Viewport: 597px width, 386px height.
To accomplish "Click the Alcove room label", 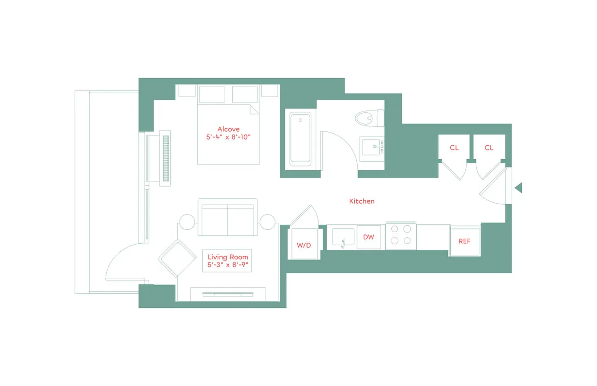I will pyautogui.click(x=228, y=129).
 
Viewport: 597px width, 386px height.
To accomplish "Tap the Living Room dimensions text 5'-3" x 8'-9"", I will pyautogui.click(x=227, y=265).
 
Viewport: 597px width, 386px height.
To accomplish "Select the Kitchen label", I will pyautogui.click(x=361, y=201).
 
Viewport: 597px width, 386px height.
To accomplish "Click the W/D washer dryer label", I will pyautogui.click(x=304, y=245).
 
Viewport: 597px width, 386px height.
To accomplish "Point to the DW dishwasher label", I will pyautogui.click(x=368, y=237).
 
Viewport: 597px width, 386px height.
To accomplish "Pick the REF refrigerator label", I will pyautogui.click(x=464, y=241).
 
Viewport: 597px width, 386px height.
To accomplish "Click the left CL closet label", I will pyautogui.click(x=454, y=148).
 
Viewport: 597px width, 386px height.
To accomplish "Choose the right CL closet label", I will pyautogui.click(x=489, y=148).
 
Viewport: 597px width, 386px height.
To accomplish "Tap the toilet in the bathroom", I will pyautogui.click(x=369, y=118).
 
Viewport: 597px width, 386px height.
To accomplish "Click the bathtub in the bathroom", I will pyautogui.click(x=300, y=138).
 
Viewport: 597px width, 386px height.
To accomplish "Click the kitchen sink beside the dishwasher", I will pyautogui.click(x=344, y=237).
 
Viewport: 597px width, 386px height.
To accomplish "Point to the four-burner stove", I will pyautogui.click(x=401, y=235).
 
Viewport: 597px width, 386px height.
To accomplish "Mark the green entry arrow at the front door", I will pyautogui.click(x=518, y=188).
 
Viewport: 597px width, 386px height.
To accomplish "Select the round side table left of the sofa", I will pyautogui.click(x=188, y=222).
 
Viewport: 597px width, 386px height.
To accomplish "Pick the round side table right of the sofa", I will pyautogui.click(x=267, y=222).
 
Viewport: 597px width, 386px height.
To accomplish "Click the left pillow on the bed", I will pyautogui.click(x=212, y=94).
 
